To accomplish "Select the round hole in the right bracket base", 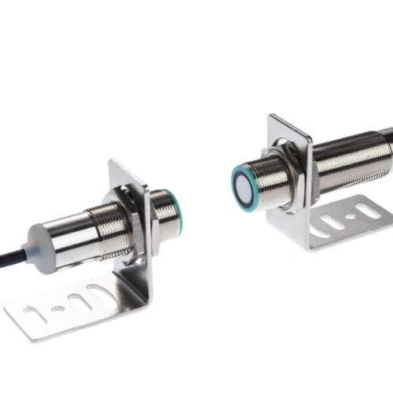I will (350, 213).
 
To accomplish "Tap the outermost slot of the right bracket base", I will (365, 209).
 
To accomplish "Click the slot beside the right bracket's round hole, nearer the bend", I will (330, 220).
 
